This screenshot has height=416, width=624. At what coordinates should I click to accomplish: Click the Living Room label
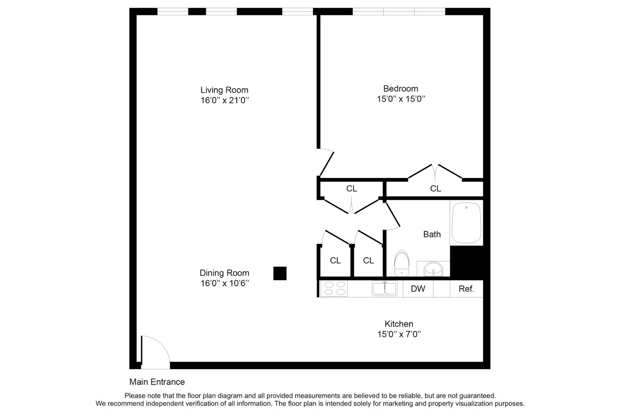(224, 90)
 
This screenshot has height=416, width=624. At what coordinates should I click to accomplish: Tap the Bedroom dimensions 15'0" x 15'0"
(401, 99)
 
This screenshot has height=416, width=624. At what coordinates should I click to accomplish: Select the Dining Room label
(224, 273)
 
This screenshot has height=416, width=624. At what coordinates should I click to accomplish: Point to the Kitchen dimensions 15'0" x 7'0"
(399, 334)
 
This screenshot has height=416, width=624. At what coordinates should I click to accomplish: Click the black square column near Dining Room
(280, 273)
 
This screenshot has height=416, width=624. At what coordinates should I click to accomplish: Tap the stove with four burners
(334, 288)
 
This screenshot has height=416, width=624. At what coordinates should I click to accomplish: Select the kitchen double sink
(385, 288)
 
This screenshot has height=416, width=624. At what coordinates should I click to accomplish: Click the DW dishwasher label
(418, 289)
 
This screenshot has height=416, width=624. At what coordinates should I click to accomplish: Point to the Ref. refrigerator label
(466, 289)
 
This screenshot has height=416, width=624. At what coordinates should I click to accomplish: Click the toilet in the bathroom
(402, 263)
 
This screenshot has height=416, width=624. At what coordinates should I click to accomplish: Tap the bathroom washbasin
(433, 269)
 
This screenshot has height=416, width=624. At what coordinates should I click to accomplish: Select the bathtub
(466, 223)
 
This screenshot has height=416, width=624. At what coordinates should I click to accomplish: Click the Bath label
(432, 234)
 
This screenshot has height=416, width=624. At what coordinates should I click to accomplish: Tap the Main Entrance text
(157, 382)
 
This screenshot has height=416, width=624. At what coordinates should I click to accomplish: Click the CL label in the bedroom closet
(435, 189)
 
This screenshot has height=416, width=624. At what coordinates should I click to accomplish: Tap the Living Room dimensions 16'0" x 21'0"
(225, 100)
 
